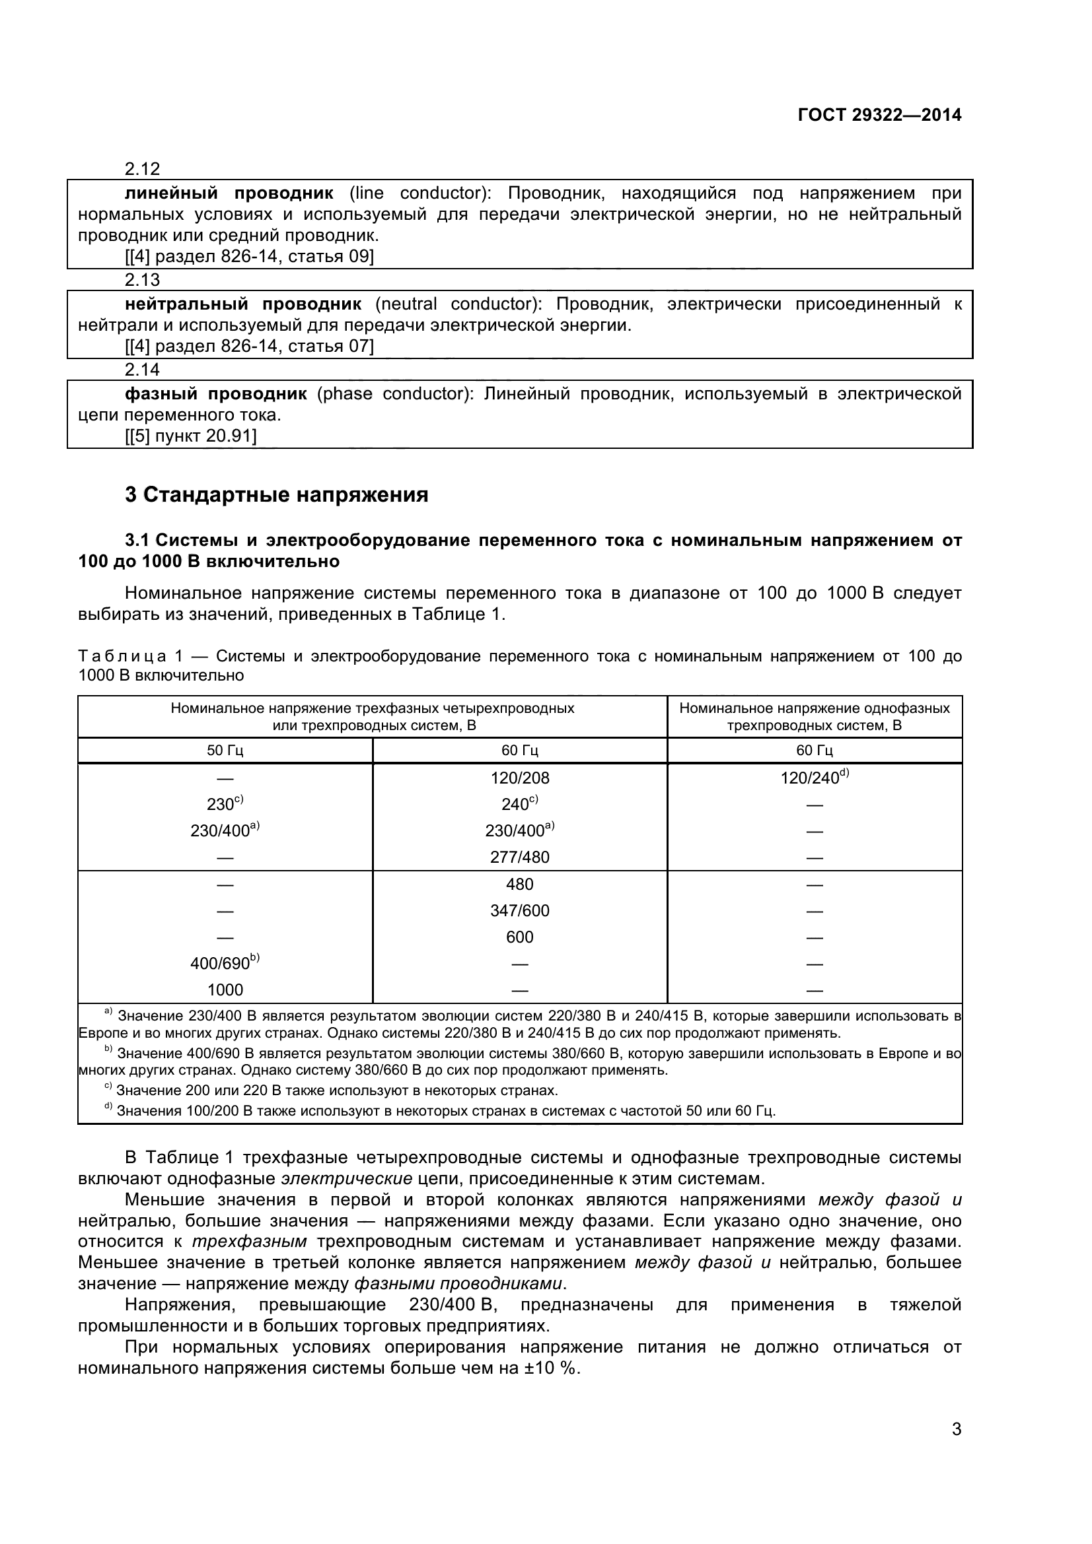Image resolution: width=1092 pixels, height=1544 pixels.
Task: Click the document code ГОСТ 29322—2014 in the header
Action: tap(879, 115)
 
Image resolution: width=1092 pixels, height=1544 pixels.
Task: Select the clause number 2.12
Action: tap(142, 168)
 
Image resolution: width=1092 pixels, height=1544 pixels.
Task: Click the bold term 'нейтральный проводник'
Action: tap(243, 304)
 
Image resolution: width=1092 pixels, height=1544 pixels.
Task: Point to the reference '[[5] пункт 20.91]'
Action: tap(190, 436)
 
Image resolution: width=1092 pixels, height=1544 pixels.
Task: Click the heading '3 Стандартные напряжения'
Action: tap(276, 495)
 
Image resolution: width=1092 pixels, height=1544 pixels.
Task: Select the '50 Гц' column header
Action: tap(225, 751)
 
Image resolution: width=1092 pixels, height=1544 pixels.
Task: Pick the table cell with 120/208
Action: tap(519, 778)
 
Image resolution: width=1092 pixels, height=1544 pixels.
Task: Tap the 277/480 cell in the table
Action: tap(519, 857)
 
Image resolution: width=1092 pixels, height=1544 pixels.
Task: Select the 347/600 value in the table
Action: tap(519, 910)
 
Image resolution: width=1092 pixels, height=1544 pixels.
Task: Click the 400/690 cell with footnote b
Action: tap(225, 963)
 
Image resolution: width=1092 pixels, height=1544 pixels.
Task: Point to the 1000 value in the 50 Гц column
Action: tap(225, 990)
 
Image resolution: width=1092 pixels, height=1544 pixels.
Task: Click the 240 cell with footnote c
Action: tap(519, 804)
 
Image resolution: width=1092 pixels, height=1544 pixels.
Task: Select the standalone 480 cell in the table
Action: tap(519, 885)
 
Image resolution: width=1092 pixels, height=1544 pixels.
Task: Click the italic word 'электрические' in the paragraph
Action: tap(347, 1178)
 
